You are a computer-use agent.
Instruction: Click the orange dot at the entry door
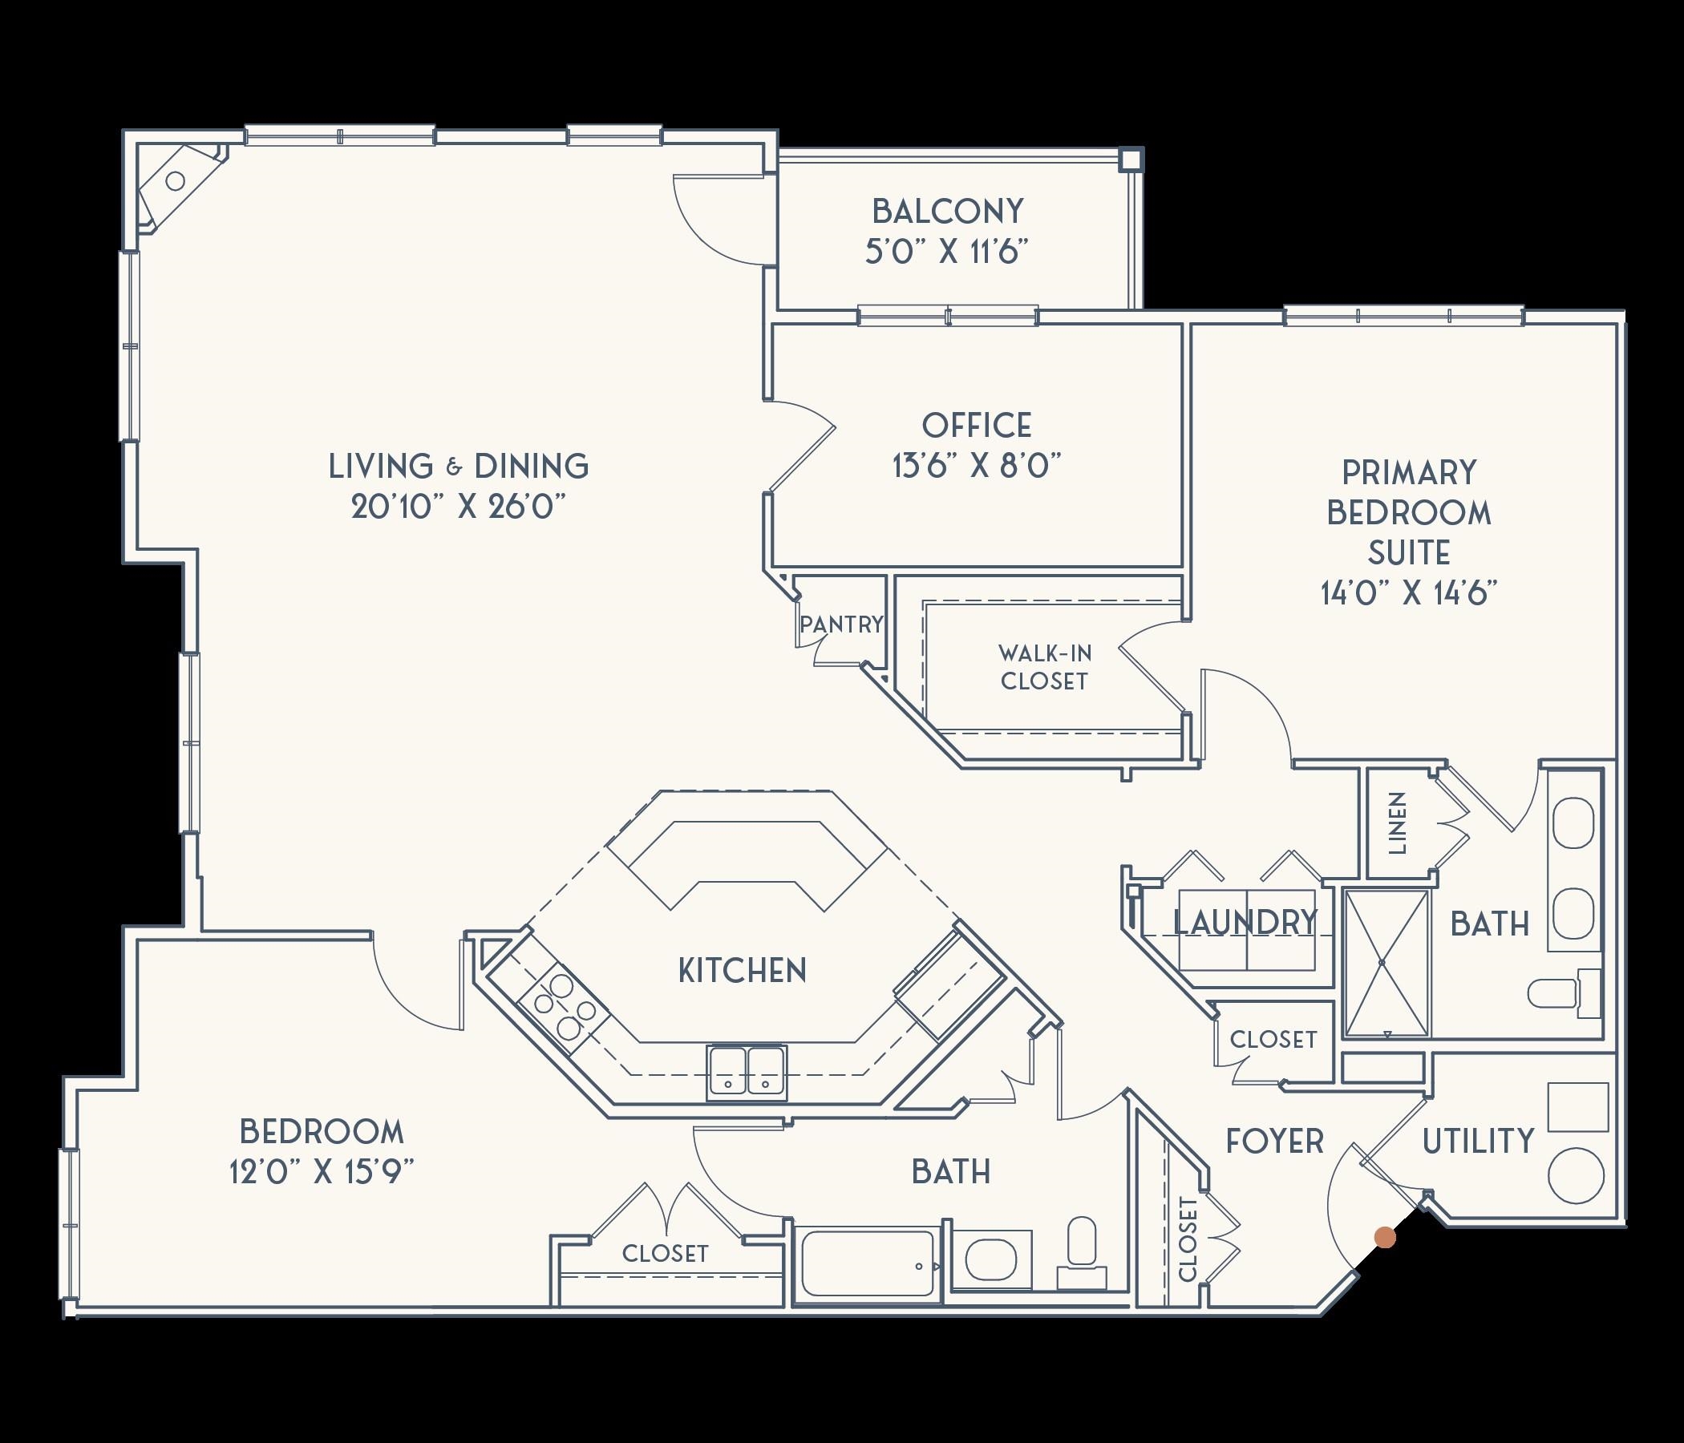[x=1385, y=1238]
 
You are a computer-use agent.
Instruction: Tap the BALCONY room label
[x=948, y=212]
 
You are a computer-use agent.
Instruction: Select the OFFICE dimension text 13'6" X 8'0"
[x=977, y=467]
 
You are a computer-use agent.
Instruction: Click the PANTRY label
[x=841, y=624]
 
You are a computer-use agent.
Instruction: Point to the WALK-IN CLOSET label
[x=1044, y=667]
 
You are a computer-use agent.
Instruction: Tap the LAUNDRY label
[x=1245, y=922]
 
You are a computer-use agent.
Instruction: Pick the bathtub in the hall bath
[x=866, y=1264]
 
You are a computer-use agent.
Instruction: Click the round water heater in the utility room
[x=1576, y=1176]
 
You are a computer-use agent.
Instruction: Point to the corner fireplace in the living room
[x=177, y=184]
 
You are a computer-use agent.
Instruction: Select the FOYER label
[x=1274, y=1142]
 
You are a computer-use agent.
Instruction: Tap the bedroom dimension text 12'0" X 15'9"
[x=322, y=1174]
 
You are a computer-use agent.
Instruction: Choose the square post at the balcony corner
[x=1130, y=160]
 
